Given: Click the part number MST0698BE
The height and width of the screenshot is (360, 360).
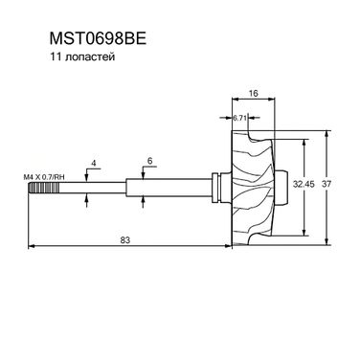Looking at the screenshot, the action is (98, 39).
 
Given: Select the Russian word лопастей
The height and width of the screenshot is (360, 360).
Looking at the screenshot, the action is (90, 57).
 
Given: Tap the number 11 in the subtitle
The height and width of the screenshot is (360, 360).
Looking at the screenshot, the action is (55, 57).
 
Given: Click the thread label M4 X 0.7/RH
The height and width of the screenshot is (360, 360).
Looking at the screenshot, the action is (44, 177).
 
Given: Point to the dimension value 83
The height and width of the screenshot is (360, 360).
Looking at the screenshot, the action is (125, 240).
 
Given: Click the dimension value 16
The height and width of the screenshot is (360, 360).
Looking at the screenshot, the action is (253, 93).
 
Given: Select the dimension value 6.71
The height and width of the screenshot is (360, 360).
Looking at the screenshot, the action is (239, 118).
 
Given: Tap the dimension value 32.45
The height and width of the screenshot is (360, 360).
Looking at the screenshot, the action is (304, 184).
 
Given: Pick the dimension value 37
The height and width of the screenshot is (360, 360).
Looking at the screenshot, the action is (326, 184).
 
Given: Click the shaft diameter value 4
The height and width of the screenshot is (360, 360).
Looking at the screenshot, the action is (94, 163).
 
